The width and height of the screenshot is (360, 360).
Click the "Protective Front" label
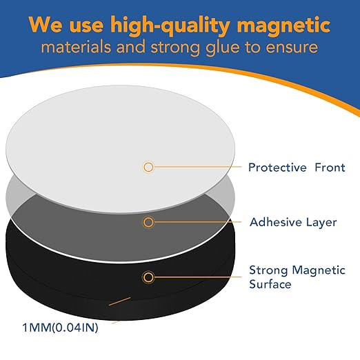click(297, 168)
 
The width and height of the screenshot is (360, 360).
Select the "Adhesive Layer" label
click(292, 223)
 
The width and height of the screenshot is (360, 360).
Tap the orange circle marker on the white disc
click(148, 167)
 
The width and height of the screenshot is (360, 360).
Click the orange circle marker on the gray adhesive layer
click(148, 223)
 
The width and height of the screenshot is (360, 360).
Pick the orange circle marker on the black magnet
click(148, 277)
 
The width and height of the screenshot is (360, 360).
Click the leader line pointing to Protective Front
click(197, 167)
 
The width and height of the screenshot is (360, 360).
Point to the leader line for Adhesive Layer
click(197, 223)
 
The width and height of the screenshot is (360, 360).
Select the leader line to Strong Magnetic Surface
click(197, 277)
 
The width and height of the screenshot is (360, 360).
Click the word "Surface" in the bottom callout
click(269, 283)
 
